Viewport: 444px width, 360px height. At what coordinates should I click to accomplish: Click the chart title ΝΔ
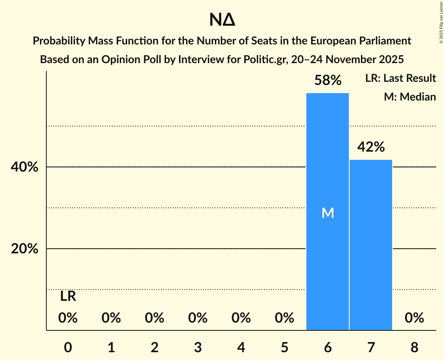222,20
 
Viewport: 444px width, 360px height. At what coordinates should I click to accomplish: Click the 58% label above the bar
328,81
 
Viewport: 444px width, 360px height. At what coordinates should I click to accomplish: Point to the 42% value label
371,147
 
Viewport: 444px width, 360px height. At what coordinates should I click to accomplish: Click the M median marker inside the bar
328,213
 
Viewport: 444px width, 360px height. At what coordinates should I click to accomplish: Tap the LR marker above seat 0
68,296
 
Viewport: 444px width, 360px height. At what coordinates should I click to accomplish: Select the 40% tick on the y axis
24,167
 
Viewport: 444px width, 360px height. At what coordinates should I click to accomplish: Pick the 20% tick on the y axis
24,249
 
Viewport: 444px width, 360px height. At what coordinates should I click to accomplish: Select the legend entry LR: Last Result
400,78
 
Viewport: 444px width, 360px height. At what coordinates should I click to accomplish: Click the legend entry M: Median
410,97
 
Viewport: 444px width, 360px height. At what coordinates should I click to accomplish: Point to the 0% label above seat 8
414,318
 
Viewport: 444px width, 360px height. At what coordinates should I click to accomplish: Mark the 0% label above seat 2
154,318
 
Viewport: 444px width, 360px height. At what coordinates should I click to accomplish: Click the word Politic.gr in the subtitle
262,60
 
